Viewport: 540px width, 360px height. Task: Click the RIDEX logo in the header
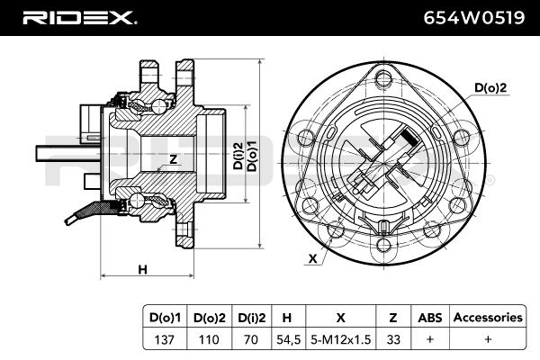(79, 18)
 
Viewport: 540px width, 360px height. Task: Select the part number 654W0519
(474, 18)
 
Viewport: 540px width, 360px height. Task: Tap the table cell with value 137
(165, 339)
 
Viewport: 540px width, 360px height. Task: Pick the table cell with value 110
(209, 339)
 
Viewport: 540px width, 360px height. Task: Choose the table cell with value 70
(251, 339)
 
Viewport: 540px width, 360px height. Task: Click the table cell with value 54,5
(289, 339)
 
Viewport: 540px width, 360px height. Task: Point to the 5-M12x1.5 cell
(340, 339)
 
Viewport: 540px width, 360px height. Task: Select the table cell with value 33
(393, 339)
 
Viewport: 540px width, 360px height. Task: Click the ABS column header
(430, 318)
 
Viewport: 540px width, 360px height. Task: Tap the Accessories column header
(488, 317)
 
